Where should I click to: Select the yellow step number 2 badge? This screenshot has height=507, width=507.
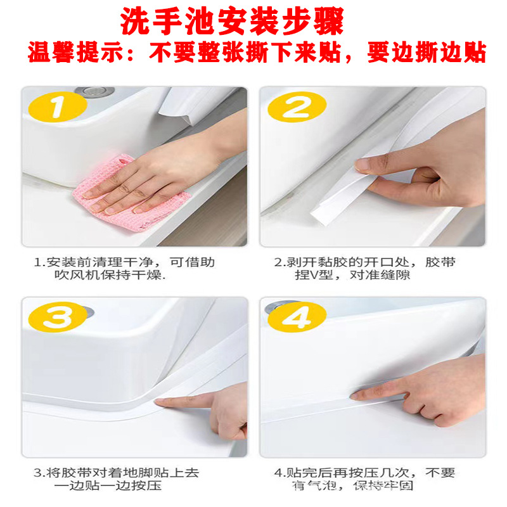(295, 107)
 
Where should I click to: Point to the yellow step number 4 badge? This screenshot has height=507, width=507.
(295, 317)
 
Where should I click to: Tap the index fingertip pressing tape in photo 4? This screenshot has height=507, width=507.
(361, 395)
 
